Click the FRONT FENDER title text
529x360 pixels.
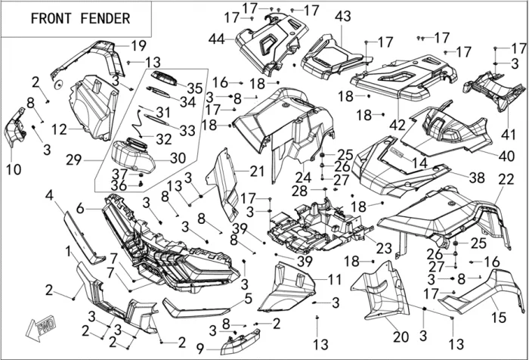tap(79, 18)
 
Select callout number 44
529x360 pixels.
tap(217, 39)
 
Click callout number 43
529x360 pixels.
tap(343, 17)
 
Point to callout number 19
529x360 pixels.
tap(138, 45)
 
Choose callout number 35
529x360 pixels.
tap(194, 88)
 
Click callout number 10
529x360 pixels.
tap(14, 170)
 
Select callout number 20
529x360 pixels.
tap(401, 337)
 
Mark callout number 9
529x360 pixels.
tap(200, 349)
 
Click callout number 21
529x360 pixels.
tap(257, 172)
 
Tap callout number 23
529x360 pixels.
tap(384, 247)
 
